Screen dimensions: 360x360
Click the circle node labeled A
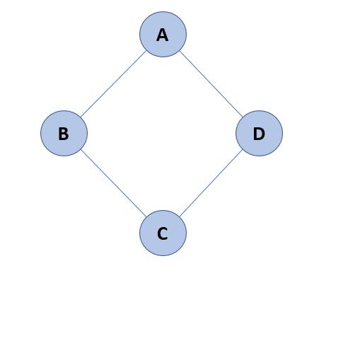point(163,34)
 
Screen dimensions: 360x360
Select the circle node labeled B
point(64,133)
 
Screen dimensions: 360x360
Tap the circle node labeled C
point(163,233)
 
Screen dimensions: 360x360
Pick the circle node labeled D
point(259,133)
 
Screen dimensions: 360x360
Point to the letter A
point(163,35)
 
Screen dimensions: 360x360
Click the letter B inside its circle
point(64,134)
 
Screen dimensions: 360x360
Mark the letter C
point(163,233)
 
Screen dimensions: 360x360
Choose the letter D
point(259,134)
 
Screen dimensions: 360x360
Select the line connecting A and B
point(113,84)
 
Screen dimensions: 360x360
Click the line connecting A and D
point(211,84)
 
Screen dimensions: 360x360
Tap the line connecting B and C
point(113,183)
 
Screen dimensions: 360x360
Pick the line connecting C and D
point(211,183)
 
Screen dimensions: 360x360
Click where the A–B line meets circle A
point(146,51)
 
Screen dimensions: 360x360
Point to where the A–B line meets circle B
point(81,117)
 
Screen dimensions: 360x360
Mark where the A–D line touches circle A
point(180,51)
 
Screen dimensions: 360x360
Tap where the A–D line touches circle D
point(243,117)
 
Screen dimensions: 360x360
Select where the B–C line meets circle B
point(81,149)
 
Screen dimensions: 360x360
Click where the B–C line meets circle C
point(146,216)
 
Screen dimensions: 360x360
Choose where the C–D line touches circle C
point(180,216)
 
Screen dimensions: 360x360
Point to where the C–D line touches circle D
point(243,149)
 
